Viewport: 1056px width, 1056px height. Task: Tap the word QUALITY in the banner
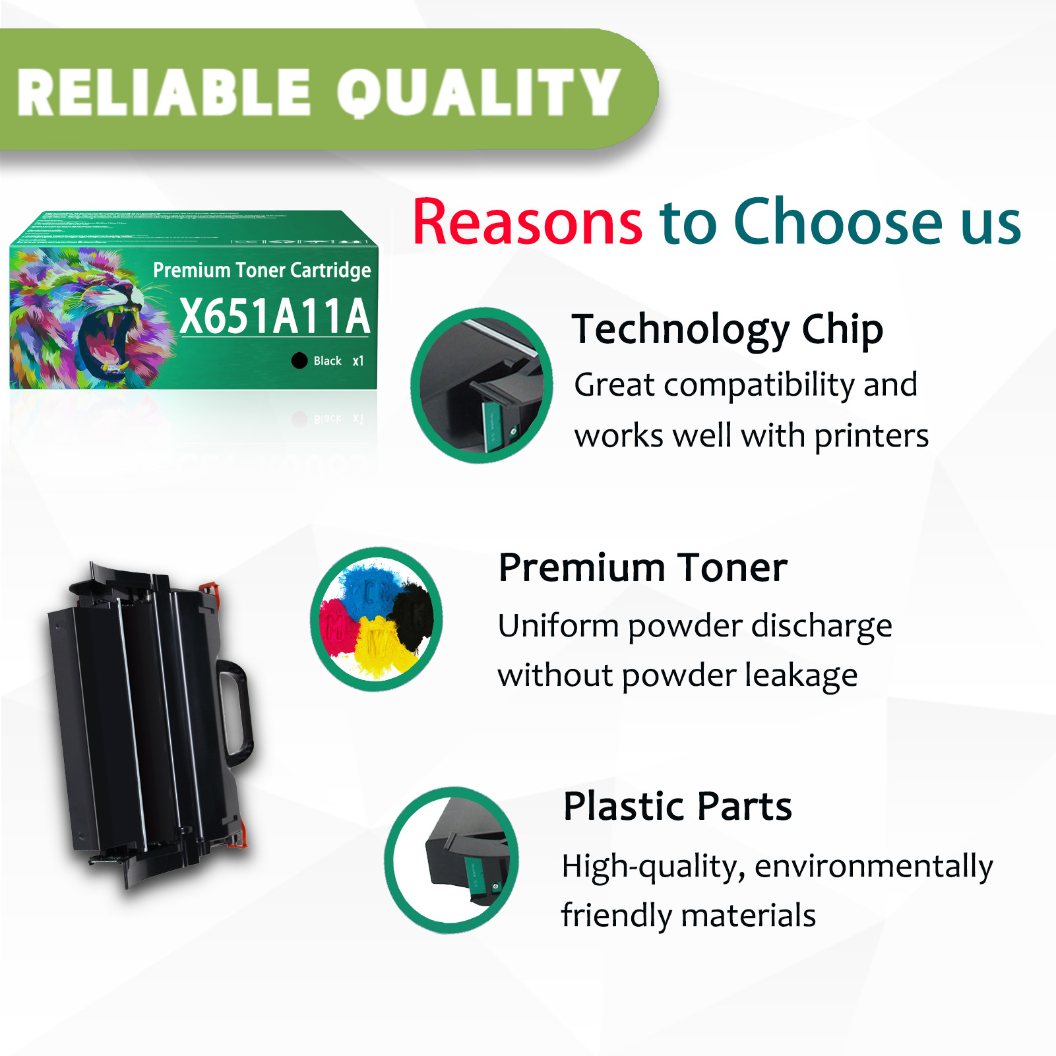(479, 92)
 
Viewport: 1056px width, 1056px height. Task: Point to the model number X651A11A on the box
(274, 317)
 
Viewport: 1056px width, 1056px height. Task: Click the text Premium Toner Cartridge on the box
(262, 270)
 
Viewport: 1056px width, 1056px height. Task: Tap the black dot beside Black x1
(299, 361)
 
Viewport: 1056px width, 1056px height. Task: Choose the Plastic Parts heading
(677, 806)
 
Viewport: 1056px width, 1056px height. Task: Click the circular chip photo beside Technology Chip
(481, 385)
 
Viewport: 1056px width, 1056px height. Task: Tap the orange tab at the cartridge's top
(210, 587)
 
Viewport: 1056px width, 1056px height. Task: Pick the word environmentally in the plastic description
(873, 866)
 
